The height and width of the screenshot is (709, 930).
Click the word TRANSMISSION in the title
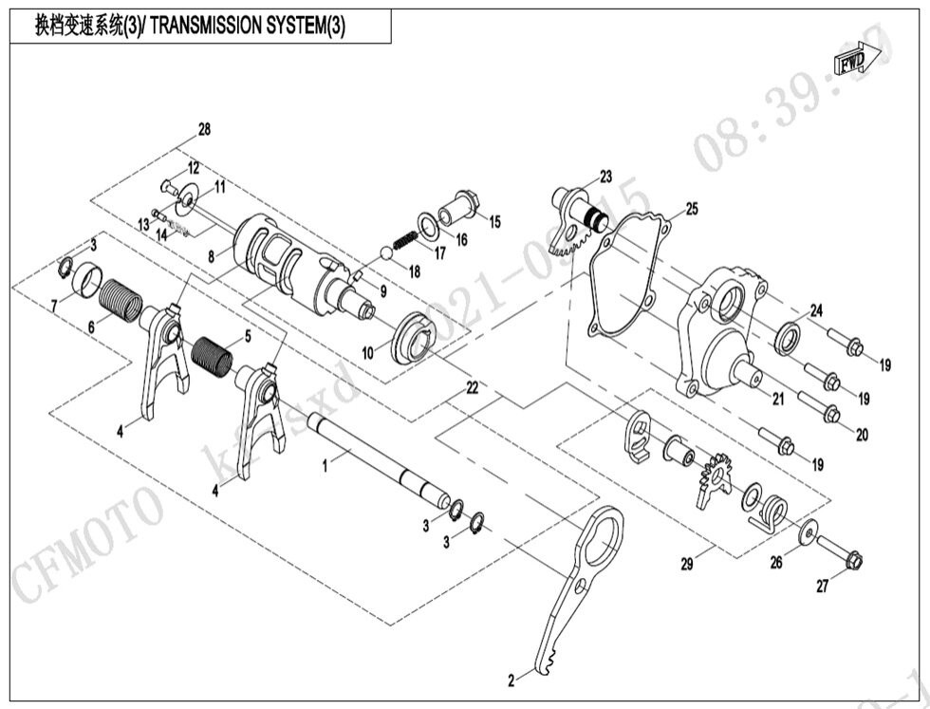[x=205, y=27]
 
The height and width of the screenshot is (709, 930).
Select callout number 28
[x=204, y=128]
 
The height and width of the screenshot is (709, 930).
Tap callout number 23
[x=605, y=177]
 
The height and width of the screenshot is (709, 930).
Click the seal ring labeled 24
[x=788, y=338]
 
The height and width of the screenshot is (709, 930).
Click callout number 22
[x=470, y=388]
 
